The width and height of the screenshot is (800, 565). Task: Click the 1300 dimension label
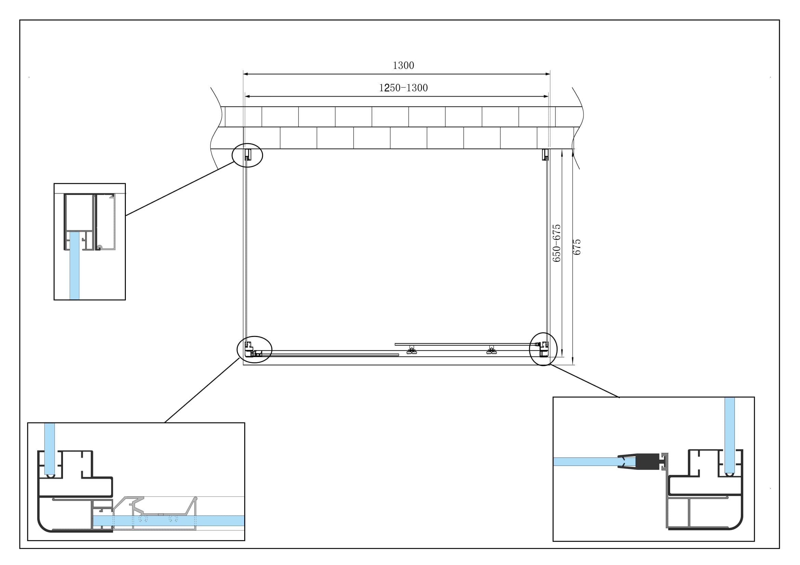click(x=403, y=65)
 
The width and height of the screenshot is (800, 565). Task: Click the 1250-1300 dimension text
click(x=403, y=88)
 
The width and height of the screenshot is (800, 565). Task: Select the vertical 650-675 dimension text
click(x=556, y=243)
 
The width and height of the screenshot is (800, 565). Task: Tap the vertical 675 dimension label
click(x=577, y=247)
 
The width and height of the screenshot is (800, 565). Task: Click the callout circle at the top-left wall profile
click(x=247, y=155)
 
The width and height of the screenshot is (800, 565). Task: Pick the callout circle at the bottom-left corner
click(x=254, y=350)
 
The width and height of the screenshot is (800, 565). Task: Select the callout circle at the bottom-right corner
click(x=543, y=349)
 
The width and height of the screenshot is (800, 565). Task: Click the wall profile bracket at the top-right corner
click(x=545, y=154)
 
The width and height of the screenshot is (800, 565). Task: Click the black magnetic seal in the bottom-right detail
click(x=648, y=462)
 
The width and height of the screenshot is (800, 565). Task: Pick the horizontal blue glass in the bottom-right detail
click(x=585, y=462)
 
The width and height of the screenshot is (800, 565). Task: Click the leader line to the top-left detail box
click(x=180, y=189)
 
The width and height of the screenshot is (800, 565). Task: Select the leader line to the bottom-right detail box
click(x=584, y=380)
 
